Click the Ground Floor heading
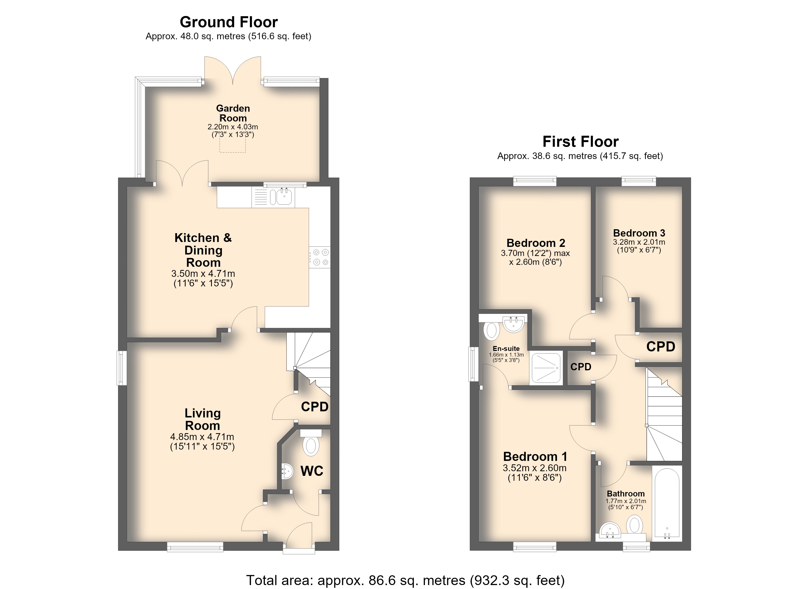229,22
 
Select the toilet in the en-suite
491,331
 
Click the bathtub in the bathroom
666,503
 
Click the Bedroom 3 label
639,233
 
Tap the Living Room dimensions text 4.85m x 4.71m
202,437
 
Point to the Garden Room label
233,113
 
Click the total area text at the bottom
405,580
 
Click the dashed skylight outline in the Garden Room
232,132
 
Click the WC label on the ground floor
312,471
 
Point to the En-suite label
506,348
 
